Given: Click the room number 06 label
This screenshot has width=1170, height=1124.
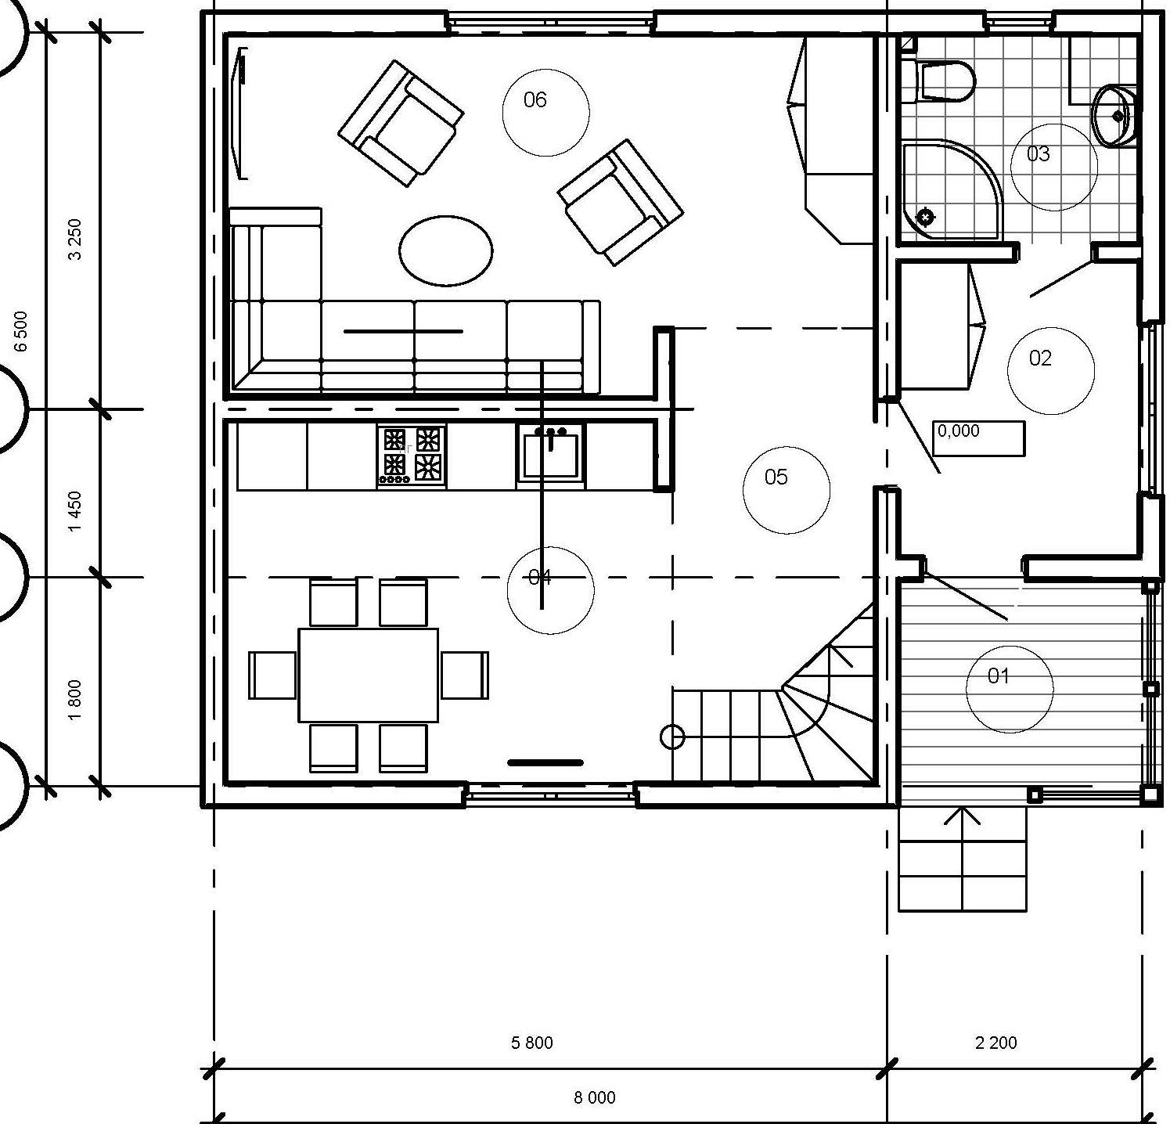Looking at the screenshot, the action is click(535, 99).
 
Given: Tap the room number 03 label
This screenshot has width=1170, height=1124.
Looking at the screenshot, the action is click(1039, 153).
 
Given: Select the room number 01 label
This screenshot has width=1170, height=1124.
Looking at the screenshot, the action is click(998, 675).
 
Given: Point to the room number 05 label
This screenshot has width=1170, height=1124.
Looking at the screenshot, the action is click(776, 477).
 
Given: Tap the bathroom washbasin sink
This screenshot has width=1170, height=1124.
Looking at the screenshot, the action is click(1114, 116).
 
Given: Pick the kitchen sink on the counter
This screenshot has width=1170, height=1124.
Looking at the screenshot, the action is click(551, 455).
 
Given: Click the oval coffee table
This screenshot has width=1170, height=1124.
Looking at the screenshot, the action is click(446, 250).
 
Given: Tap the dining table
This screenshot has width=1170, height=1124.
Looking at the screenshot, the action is click(368, 675).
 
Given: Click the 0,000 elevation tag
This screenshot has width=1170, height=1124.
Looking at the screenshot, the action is click(978, 438).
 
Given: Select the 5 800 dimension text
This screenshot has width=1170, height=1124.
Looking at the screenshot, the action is click(532, 1043).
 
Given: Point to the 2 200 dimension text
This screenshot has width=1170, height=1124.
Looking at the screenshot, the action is click(996, 1043).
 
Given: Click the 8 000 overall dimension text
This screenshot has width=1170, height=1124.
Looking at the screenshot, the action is click(595, 1097).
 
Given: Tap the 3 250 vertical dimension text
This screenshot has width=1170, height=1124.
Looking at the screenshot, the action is click(75, 240).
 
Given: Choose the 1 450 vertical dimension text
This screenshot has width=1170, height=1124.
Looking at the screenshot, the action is click(75, 512).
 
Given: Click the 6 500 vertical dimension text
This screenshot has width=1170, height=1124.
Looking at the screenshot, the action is click(21, 331).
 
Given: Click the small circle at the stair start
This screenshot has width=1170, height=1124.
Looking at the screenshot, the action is click(673, 737).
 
